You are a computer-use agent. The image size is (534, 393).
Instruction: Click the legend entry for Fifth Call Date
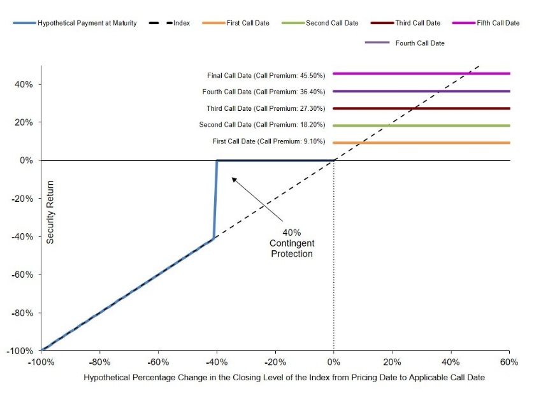tap(486, 23)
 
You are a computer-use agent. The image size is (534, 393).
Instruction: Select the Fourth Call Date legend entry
tap(405, 43)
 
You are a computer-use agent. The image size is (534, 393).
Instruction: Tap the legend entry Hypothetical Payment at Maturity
tap(75, 23)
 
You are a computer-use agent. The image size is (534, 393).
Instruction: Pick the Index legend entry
tap(170, 23)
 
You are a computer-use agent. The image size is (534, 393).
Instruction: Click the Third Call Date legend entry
tap(406, 23)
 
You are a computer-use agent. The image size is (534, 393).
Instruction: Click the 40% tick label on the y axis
tap(24, 84)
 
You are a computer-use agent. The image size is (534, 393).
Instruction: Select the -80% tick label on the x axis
tap(99, 362)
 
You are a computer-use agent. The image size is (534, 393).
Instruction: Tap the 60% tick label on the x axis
tap(509, 362)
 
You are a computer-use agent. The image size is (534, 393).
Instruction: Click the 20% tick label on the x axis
tap(393, 362)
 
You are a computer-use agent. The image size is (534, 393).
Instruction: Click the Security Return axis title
tap(50, 212)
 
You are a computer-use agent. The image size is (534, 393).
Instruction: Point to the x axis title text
tap(284, 377)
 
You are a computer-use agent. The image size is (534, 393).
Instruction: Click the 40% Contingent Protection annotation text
tap(292, 243)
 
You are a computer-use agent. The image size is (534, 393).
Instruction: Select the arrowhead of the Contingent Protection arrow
tap(234, 179)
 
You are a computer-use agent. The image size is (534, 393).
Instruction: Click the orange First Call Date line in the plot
tap(421, 143)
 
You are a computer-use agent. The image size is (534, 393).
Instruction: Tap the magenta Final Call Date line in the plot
tap(421, 73)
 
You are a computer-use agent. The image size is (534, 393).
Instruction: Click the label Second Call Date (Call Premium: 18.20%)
tap(263, 125)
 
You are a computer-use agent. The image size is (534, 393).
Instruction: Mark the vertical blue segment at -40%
tap(215, 199)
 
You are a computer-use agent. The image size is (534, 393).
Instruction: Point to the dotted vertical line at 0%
tap(334, 255)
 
